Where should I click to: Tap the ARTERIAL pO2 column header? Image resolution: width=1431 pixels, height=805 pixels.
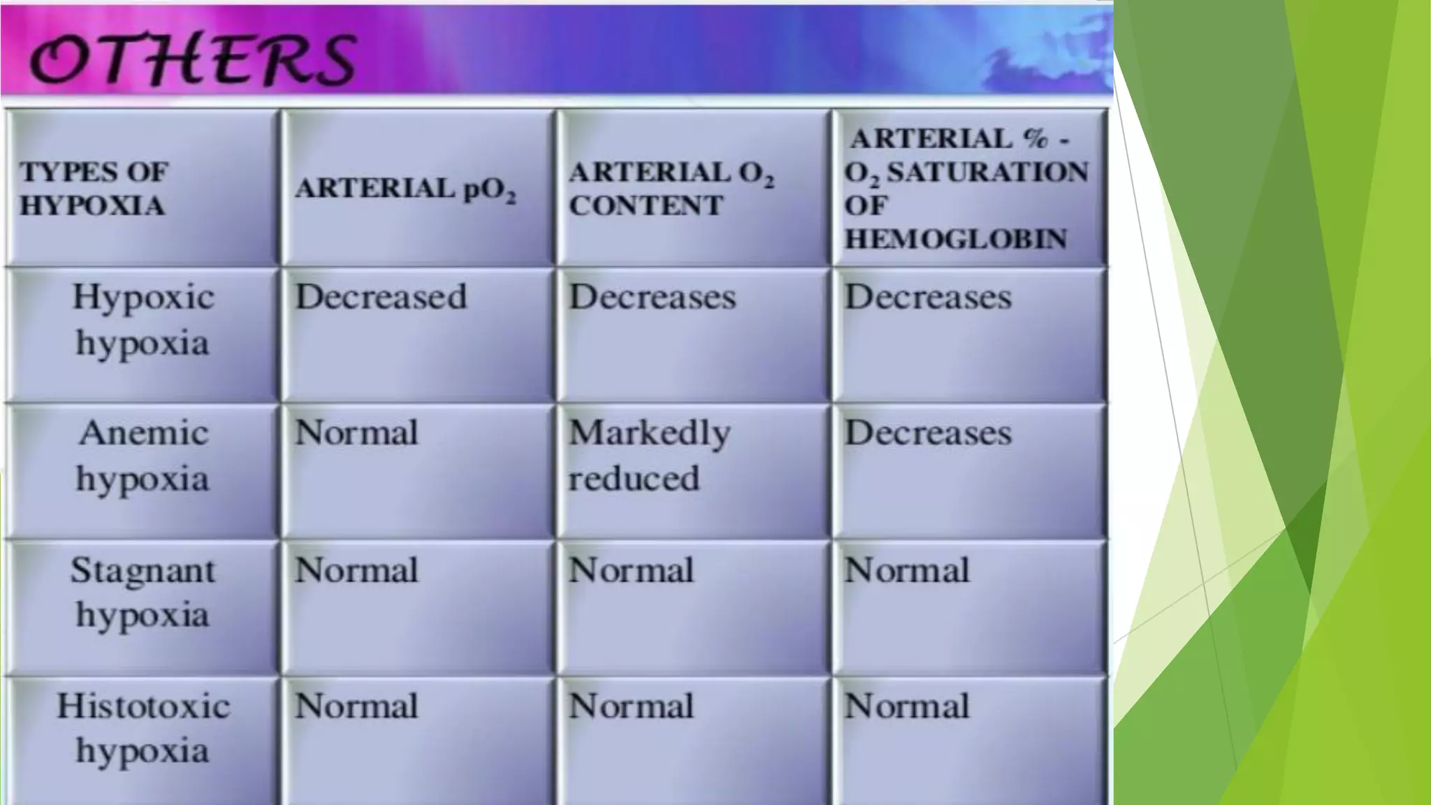click(405, 189)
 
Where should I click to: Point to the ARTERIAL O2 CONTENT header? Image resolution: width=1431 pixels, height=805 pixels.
click(671, 189)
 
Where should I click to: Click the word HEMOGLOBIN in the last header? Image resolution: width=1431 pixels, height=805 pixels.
click(956, 239)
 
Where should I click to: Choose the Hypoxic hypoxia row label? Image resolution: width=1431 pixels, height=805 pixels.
click(143, 320)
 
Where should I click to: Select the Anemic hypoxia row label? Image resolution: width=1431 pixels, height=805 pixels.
click(143, 456)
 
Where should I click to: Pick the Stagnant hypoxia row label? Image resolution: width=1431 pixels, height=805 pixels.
click(143, 593)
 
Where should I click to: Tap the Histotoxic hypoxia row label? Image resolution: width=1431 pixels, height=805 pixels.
click(143, 728)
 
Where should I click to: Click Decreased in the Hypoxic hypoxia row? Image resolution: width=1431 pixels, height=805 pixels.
click(381, 297)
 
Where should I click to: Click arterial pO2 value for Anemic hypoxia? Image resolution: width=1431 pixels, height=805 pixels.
click(356, 433)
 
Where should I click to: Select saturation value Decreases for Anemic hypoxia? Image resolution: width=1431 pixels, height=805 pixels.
click(928, 433)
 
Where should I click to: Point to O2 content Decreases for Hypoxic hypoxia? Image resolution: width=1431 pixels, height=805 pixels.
click(652, 297)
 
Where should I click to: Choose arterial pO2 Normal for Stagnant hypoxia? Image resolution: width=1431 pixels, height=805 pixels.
click(356, 570)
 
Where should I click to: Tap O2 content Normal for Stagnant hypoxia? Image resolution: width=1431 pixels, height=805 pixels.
click(631, 570)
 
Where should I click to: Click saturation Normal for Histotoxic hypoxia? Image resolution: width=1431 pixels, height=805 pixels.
click(907, 706)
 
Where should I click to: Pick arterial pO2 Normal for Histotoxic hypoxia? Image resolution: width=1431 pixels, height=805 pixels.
click(356, 706)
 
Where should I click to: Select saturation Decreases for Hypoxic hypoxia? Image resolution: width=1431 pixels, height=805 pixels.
click(928, 297)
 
